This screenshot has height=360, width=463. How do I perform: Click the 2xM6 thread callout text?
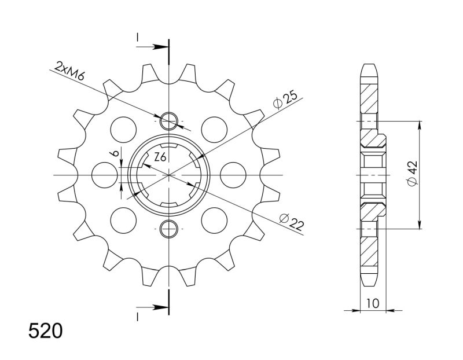(69, 71)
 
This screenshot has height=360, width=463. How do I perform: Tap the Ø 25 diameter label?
(284, 100)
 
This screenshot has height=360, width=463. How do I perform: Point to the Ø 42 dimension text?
(412, 174)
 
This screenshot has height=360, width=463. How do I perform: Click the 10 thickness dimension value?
(373, 303)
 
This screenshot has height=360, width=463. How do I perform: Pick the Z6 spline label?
(160, 157)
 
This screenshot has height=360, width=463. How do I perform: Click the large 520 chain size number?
(46, 330)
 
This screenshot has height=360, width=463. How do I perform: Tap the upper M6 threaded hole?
(168, 121)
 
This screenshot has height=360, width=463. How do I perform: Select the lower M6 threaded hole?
(168, 229)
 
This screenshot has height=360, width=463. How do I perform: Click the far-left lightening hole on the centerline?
(105, 175)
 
